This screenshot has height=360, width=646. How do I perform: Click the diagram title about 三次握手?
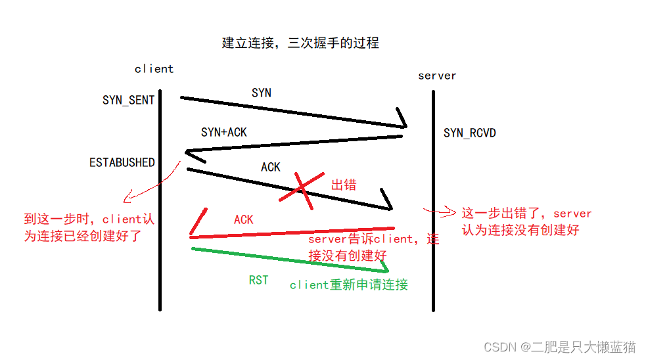300,43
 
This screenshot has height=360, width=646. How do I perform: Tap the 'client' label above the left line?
154,69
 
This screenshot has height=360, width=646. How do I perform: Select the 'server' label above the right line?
437,76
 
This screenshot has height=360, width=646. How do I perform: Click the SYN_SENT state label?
128,101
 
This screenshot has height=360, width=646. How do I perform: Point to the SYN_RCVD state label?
469,133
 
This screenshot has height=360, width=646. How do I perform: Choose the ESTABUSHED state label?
122,162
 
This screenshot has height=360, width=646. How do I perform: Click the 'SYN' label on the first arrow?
262,93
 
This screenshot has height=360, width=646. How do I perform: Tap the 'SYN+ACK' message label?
224,133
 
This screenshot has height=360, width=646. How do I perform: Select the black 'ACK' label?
271,168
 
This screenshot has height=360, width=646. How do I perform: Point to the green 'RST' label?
258,281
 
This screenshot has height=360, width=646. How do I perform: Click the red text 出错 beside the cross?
343,185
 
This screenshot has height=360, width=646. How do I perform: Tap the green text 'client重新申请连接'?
349,284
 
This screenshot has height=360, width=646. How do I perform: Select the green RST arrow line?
289,258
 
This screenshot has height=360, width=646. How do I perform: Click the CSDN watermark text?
559,346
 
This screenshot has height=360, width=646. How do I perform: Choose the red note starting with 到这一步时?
89,227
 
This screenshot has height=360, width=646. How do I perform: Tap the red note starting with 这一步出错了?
526,221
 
